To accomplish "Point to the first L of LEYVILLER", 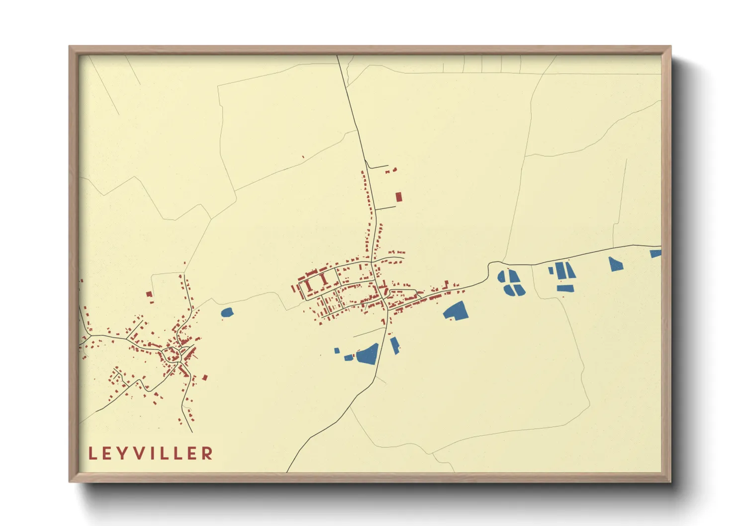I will coord(92,453).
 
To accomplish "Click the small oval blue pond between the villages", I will coord(227,312).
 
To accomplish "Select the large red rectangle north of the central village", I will coord(398,197).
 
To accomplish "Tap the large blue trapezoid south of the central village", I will coord(368,354).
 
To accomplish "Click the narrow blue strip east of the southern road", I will coord(395,345).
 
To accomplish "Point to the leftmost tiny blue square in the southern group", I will coord(337,351).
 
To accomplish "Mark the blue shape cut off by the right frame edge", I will coord(656,254).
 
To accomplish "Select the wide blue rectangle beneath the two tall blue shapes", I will coord(565,288).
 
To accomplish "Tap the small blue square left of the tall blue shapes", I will coord(551,270).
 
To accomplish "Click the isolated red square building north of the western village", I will coord(149,294).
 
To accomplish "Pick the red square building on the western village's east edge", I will coord(204,377).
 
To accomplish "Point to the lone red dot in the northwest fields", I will coord(303,157).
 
